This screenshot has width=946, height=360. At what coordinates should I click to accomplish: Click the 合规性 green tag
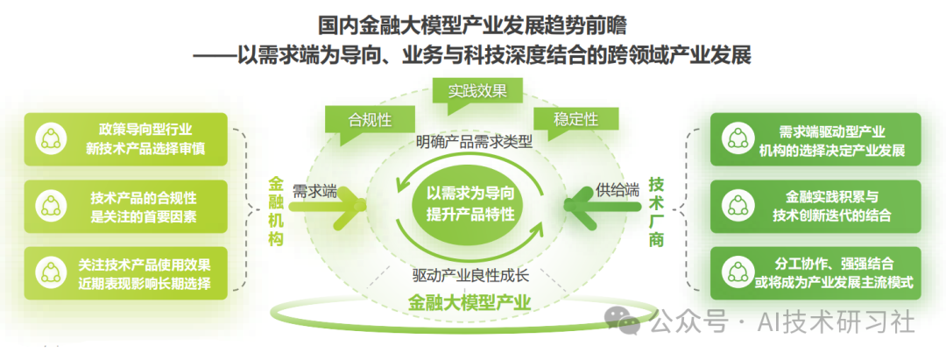370,120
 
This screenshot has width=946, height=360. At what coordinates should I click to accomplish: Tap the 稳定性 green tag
576,119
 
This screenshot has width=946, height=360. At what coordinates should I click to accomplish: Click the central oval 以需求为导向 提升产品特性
471,203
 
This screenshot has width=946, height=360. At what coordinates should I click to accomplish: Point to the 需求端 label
314,191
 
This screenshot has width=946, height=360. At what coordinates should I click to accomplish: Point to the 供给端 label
618,190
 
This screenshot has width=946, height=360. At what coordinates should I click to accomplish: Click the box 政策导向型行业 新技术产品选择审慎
127,138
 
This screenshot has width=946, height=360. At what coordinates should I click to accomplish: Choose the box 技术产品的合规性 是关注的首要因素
127,206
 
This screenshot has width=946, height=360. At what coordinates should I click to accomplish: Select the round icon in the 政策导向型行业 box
51,138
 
